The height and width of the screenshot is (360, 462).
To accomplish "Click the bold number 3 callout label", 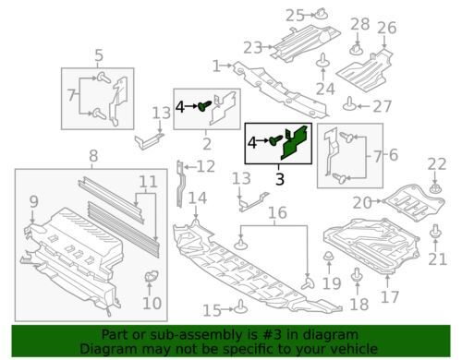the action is click(x=280, y=179).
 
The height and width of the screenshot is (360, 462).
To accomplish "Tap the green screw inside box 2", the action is click(x=204, y=105).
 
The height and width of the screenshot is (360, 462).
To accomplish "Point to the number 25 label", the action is click(x=295, y=16).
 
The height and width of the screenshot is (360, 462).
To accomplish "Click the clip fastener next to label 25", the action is click(x=322, y=14).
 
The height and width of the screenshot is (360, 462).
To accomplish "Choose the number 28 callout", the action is click(x=359, y=24).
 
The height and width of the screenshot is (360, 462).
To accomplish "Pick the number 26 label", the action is click(x=386, y=28).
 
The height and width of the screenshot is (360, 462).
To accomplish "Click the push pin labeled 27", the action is click(x=349, y=104).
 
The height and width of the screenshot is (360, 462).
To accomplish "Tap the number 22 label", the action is click(x=437, y=164).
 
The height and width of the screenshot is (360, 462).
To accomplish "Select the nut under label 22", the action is click(x=435, y=188).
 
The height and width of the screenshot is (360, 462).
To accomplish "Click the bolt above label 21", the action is click(x=435, y=232).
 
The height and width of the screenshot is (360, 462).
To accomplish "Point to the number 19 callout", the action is click(x=332, y=283).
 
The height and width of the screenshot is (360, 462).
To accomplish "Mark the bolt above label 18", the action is click(x=357, y=275).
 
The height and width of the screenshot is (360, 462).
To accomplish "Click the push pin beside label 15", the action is click(x=240, y=306).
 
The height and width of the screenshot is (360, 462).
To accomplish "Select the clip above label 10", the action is click(x=151, y=275).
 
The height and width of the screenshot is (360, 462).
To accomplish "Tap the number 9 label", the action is click(x=34, y=201).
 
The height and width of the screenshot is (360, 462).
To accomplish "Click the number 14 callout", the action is click(x=198, y=198).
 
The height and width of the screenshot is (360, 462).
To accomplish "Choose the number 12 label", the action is click(x=206, y=166).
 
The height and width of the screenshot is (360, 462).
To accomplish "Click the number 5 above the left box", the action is click(x=99, y=55).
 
